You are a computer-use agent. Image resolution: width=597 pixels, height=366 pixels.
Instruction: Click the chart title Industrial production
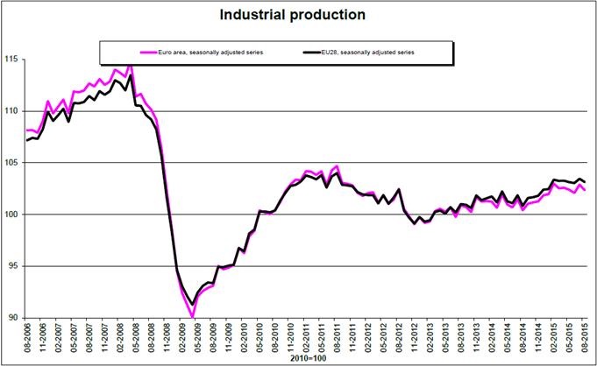(x=299, y=14)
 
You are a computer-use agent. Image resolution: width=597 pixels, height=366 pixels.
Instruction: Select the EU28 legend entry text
(x=370, y=53)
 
